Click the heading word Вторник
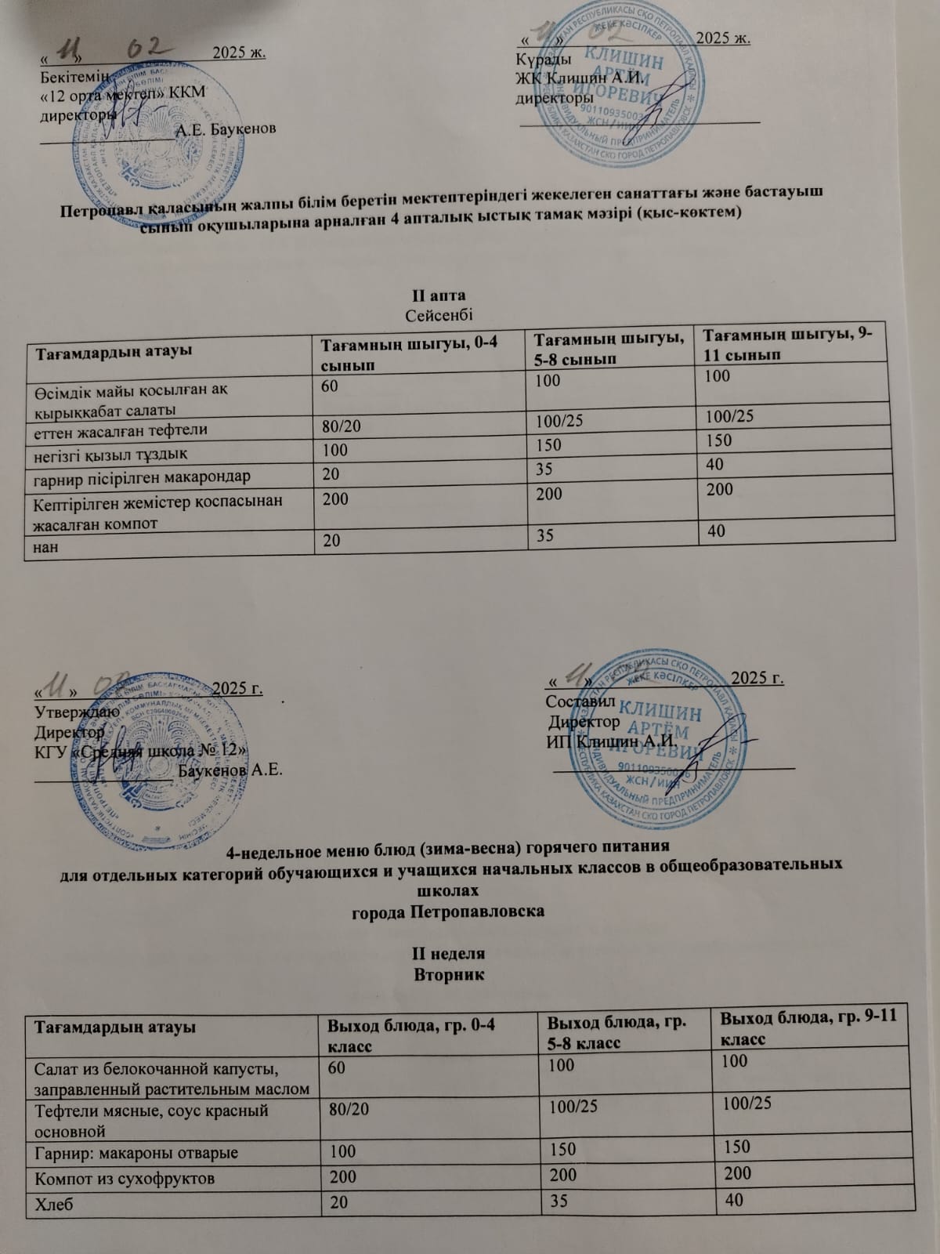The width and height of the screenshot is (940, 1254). (449, 975)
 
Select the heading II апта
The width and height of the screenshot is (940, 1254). (439, 295)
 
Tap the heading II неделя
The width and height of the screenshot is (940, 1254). (449, 955)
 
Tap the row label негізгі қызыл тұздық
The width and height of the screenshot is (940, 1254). (111, 453)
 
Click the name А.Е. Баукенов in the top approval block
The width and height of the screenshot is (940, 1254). (226, 129)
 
